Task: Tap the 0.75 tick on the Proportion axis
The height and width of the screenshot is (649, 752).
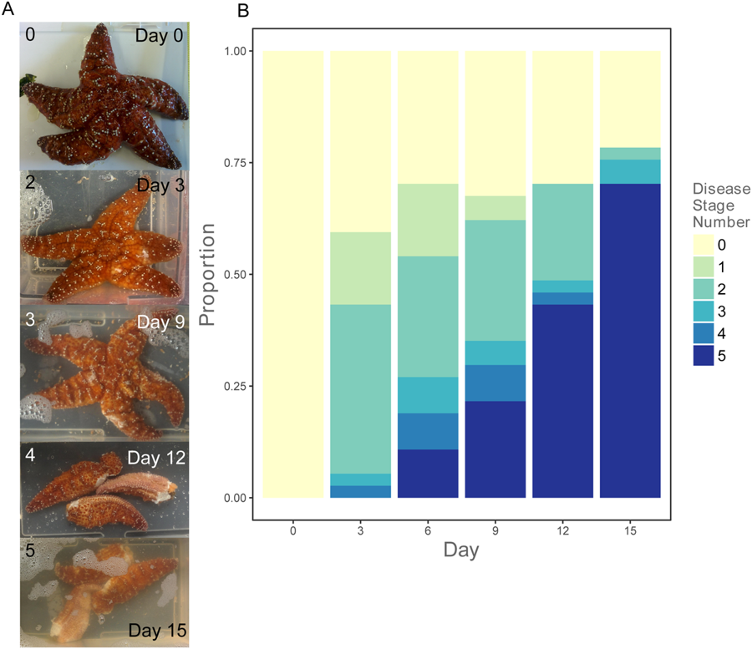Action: [236, 163]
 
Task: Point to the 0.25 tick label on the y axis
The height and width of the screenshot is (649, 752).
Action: [236, 386]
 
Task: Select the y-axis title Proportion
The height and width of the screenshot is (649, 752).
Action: [209, 275]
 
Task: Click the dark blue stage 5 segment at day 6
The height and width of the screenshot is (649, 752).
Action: [428, 474]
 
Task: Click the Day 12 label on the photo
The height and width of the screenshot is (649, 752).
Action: [156, 458]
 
